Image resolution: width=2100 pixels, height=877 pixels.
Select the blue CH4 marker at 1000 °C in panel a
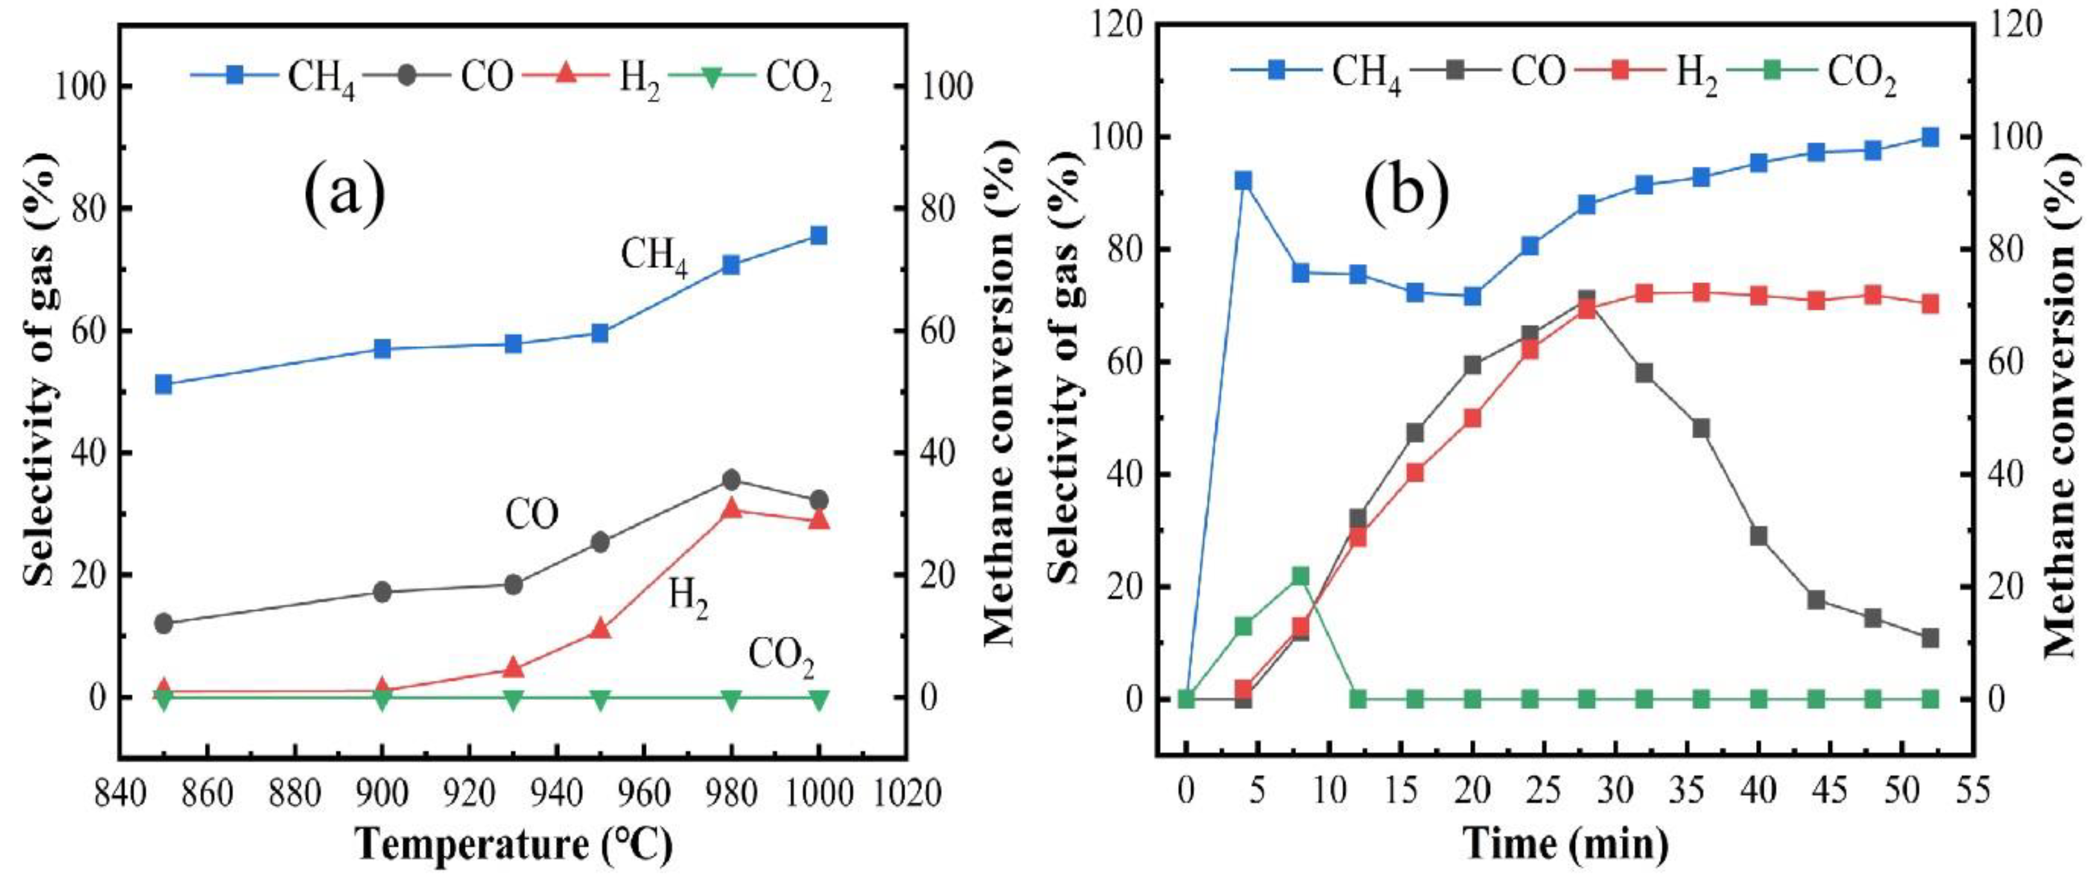819,236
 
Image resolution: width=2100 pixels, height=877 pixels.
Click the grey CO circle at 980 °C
731,480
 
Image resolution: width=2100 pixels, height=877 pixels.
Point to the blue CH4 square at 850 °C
163,384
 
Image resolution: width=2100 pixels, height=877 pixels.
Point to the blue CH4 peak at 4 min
1243,181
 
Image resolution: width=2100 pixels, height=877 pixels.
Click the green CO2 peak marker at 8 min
1301,576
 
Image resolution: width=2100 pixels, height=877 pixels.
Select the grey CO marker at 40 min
1759,536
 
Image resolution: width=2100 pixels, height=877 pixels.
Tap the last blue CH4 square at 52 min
1930,137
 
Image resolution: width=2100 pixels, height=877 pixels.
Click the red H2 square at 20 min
1473,418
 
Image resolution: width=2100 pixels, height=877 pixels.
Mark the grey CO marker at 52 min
1930,637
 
